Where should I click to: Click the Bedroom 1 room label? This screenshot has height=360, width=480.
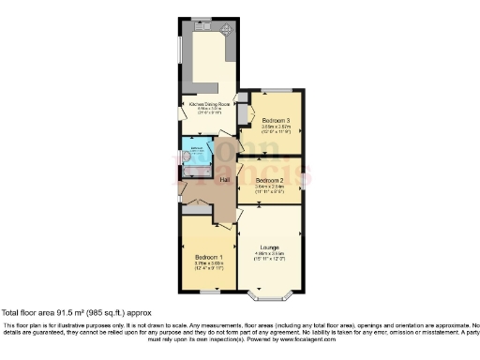(207, 257)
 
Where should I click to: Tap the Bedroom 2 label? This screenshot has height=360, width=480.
(269, 179)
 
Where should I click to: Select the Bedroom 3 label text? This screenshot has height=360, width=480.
(276, 121)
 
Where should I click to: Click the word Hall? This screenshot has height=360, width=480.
(225, 179)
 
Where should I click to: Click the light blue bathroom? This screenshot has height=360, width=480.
(198, 154)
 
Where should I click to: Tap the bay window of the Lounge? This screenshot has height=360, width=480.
(270, 298)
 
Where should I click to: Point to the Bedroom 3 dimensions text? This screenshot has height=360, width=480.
(276, 130)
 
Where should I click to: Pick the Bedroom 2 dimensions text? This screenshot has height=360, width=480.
(269, 188)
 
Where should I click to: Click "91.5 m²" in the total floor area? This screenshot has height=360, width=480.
(79, 312)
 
